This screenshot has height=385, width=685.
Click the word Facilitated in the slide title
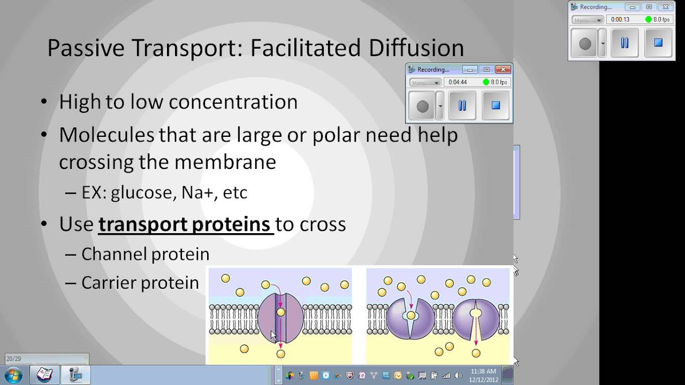[305, 48]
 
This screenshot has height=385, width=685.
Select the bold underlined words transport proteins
[185, 224]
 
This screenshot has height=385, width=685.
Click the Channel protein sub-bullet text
[145, 254]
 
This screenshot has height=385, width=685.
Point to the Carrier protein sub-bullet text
[140, 283]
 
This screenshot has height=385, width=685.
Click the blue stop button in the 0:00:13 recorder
[658, 43]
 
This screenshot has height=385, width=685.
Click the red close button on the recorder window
[503, 70]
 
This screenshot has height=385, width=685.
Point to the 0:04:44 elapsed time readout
[458, 82]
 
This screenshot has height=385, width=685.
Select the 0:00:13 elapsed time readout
[620, 20]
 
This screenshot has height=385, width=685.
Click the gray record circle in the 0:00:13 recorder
[585, 43]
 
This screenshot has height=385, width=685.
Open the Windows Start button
[13, 375]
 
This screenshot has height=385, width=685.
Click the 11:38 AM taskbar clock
[483, 371]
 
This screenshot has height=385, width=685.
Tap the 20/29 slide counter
[13, 359]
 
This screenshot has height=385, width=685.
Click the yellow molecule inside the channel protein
[281, 312]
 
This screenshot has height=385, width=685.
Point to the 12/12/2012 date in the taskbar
[483, 379]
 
